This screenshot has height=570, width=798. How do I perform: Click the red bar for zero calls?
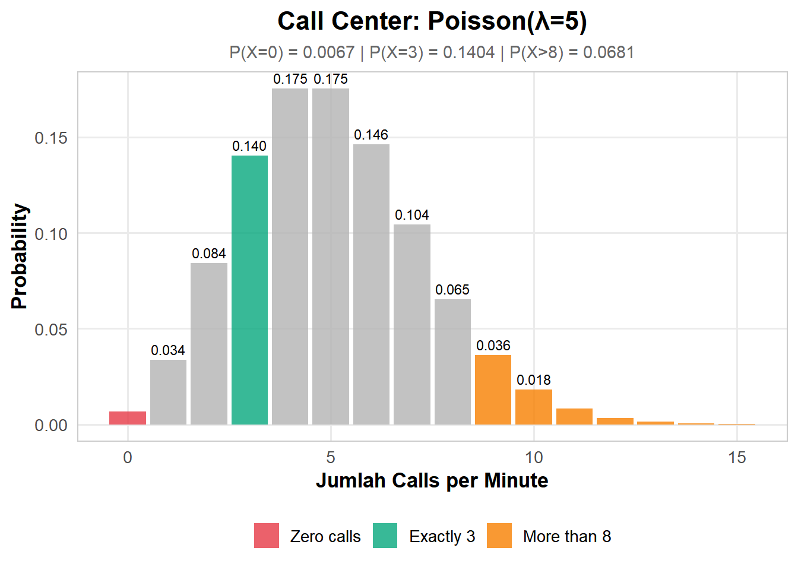point(128,418)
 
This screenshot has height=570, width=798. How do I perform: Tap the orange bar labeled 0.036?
point(493,389)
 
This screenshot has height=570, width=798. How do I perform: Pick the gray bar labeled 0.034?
point(168,392)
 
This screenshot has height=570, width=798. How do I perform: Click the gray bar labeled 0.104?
point(411,324)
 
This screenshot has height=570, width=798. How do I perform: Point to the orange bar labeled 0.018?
point(533,407)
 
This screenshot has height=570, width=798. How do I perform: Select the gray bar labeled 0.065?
point(452,362)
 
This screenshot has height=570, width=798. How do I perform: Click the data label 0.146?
point(371,135)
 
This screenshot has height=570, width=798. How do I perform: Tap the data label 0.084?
point(209,254)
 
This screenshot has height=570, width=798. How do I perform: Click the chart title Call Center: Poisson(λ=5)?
point(432,21)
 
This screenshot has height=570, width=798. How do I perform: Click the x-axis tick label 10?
point(534,457)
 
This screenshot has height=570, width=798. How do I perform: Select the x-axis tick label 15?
point(737,457)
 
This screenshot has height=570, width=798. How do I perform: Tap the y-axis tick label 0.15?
point(51,138)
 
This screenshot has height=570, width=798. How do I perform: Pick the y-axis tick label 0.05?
point(51,330)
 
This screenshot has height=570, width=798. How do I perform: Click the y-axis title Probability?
point(20,256)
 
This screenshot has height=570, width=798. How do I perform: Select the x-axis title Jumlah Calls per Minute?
point(432,480)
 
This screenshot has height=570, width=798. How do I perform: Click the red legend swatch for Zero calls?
point(267,536)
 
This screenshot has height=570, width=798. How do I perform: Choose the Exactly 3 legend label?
point(442,536)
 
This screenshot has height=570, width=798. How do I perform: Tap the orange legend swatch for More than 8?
point(499,536)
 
